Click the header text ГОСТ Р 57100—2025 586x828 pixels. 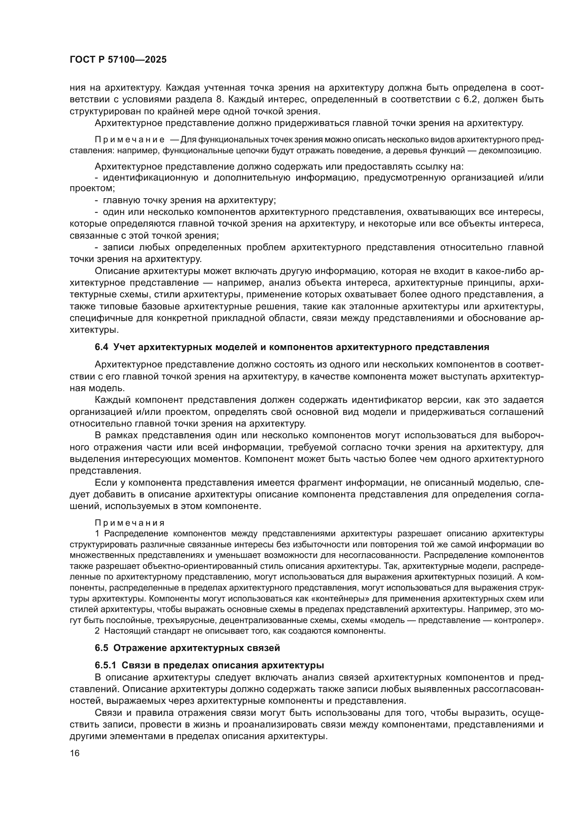[x=118, y=60]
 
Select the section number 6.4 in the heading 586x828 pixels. [x=101, y=347]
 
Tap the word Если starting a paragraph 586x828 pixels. [x=106, y=483]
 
